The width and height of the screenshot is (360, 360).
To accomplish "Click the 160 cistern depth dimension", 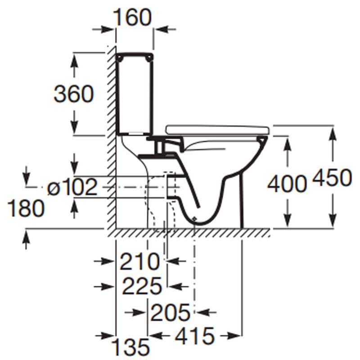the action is click(132, 17).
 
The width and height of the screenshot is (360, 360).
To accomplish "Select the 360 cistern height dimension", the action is click(74, 94).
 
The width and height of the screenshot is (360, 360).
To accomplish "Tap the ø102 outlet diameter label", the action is click(72, 187).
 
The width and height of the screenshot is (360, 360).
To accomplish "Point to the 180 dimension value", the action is click(26, 208).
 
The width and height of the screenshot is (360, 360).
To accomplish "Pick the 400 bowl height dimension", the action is click(287, 184).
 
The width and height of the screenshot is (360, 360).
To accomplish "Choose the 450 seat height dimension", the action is click(332, 177).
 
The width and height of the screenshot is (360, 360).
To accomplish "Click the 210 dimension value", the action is click(139, 261).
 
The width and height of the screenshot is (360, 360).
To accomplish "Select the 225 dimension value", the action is click(142, 286).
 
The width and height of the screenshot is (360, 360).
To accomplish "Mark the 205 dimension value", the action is click(170, 312).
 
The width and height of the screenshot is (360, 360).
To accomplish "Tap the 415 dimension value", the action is click(195, 336).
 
